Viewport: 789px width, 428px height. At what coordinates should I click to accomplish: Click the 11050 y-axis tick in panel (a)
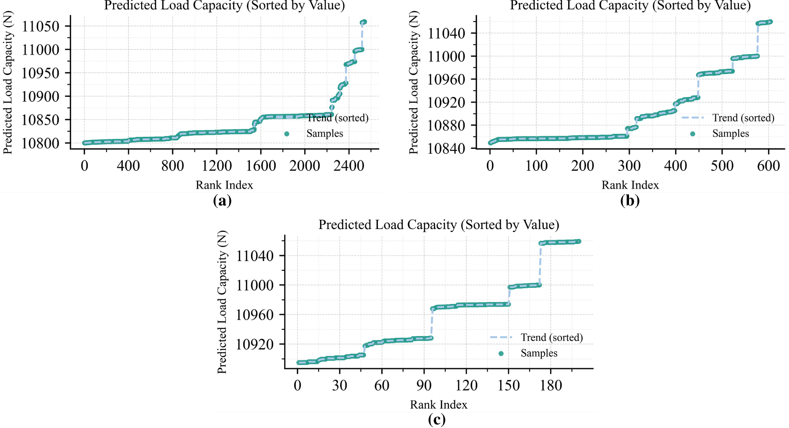(40, 26)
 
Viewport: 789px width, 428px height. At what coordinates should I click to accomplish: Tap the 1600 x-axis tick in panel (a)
(261, 166)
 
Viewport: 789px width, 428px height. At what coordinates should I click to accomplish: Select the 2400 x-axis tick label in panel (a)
(349, 166)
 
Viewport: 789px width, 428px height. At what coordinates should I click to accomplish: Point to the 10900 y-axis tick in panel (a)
(40, 96)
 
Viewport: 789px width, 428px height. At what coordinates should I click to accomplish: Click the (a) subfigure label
(222, 201)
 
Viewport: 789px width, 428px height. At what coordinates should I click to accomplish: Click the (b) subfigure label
(630, 201)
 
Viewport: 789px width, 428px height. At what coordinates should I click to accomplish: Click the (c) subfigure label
(437, 420)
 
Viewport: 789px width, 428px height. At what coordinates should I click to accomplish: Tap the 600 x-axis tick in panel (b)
(768, 166)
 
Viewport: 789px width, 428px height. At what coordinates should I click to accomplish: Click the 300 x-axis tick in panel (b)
(629, 166)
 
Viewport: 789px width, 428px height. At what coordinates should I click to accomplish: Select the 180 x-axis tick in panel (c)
(551, 386)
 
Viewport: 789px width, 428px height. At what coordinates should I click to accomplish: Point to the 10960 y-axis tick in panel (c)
(255, 315)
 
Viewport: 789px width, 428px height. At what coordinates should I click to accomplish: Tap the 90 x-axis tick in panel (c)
(424, 386)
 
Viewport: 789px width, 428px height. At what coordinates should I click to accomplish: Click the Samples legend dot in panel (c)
(501, 354)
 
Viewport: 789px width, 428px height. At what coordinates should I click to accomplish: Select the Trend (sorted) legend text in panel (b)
(743, 118)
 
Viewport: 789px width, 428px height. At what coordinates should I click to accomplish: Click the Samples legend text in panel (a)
(325, 134)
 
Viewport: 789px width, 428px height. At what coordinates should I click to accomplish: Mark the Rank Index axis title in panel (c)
(439, 405)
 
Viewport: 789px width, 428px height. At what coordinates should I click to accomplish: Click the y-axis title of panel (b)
(414, 82)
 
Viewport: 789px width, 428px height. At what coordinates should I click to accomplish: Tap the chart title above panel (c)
(439, 225)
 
